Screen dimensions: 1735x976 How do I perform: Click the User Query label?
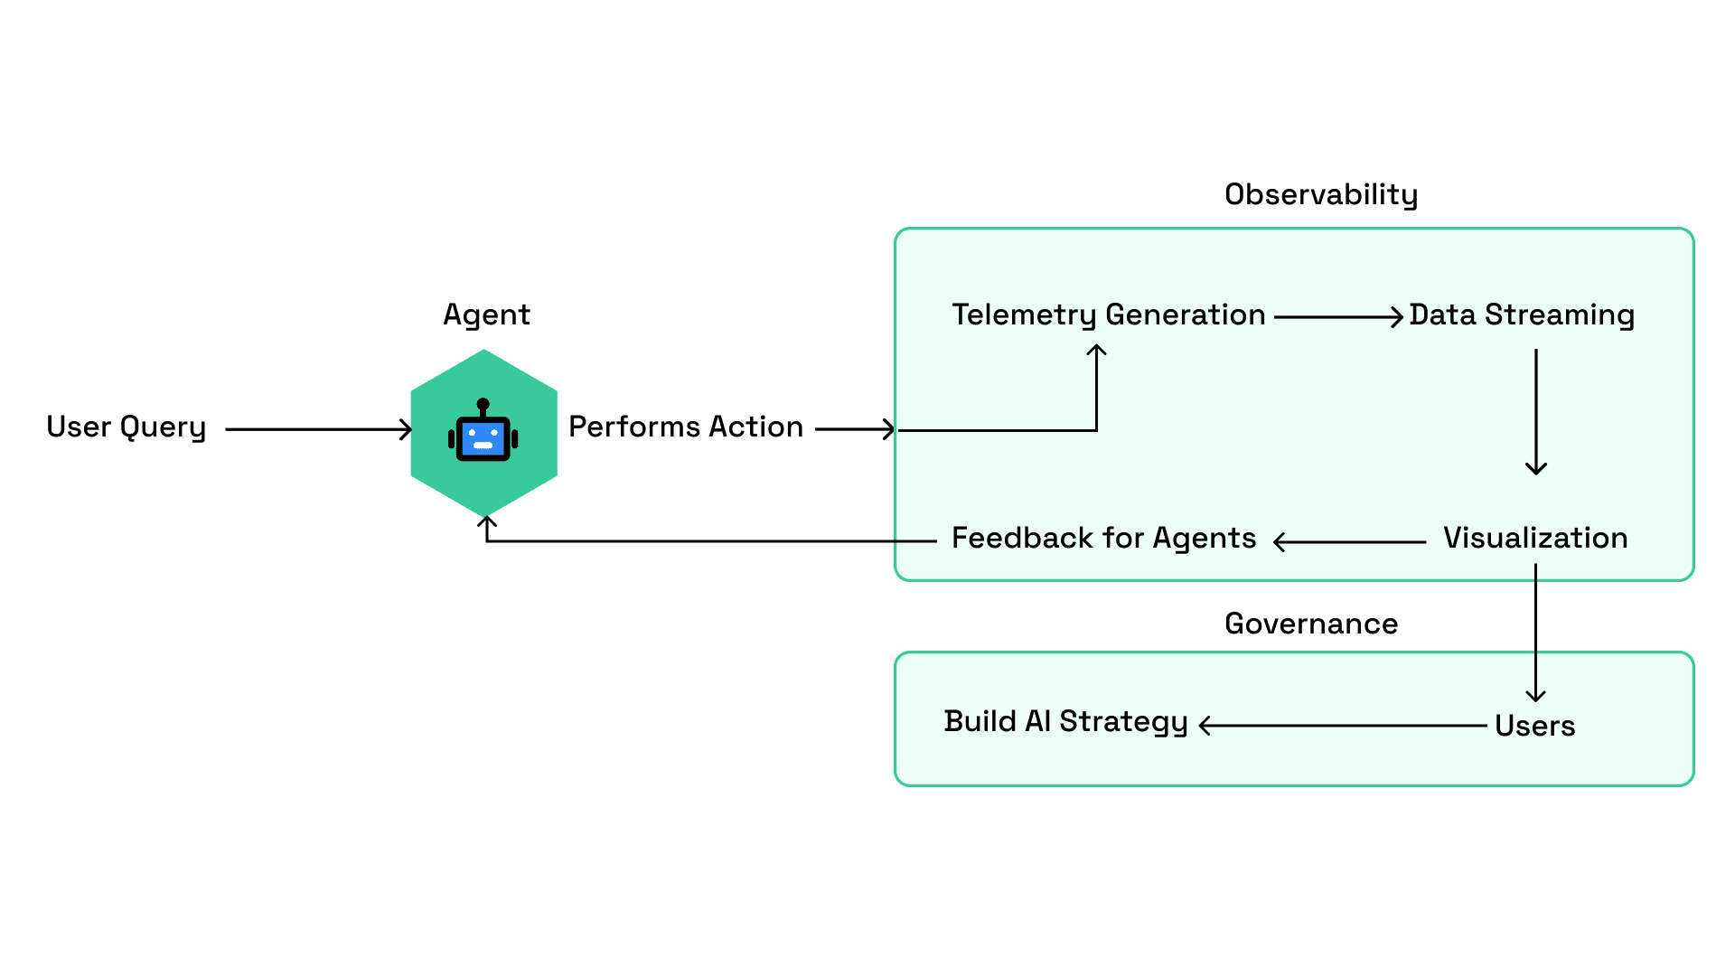[127, 427]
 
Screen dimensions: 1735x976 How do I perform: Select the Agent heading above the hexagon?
[486, 315]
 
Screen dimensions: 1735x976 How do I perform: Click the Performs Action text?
[686, 427]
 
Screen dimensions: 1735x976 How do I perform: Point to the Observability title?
[1321, 195]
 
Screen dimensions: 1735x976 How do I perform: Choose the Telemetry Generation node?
[1109, 315]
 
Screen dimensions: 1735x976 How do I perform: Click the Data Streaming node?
[1522, 315]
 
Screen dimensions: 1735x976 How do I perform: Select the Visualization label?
[1535, 538]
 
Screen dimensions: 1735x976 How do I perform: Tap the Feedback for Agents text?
[1104, 539]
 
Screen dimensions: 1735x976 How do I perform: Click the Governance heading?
[1311, 624]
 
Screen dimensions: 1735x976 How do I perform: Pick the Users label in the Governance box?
[1535, 726]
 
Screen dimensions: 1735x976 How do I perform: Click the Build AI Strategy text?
[1066, 722]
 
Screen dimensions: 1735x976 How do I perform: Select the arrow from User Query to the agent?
[319, 429]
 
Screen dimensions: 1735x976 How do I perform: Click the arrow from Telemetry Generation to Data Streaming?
[1339, 316]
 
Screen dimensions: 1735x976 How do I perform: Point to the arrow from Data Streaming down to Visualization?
[1536, 412]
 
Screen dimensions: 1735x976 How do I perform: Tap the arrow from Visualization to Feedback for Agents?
[1349, 542]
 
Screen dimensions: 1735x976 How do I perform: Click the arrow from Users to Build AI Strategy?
[1343, 725]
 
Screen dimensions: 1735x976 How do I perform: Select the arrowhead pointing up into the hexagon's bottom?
[487, 521]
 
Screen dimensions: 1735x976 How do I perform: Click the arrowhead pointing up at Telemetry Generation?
[1097, 350]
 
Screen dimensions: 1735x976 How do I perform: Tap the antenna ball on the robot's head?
[483, 404]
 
